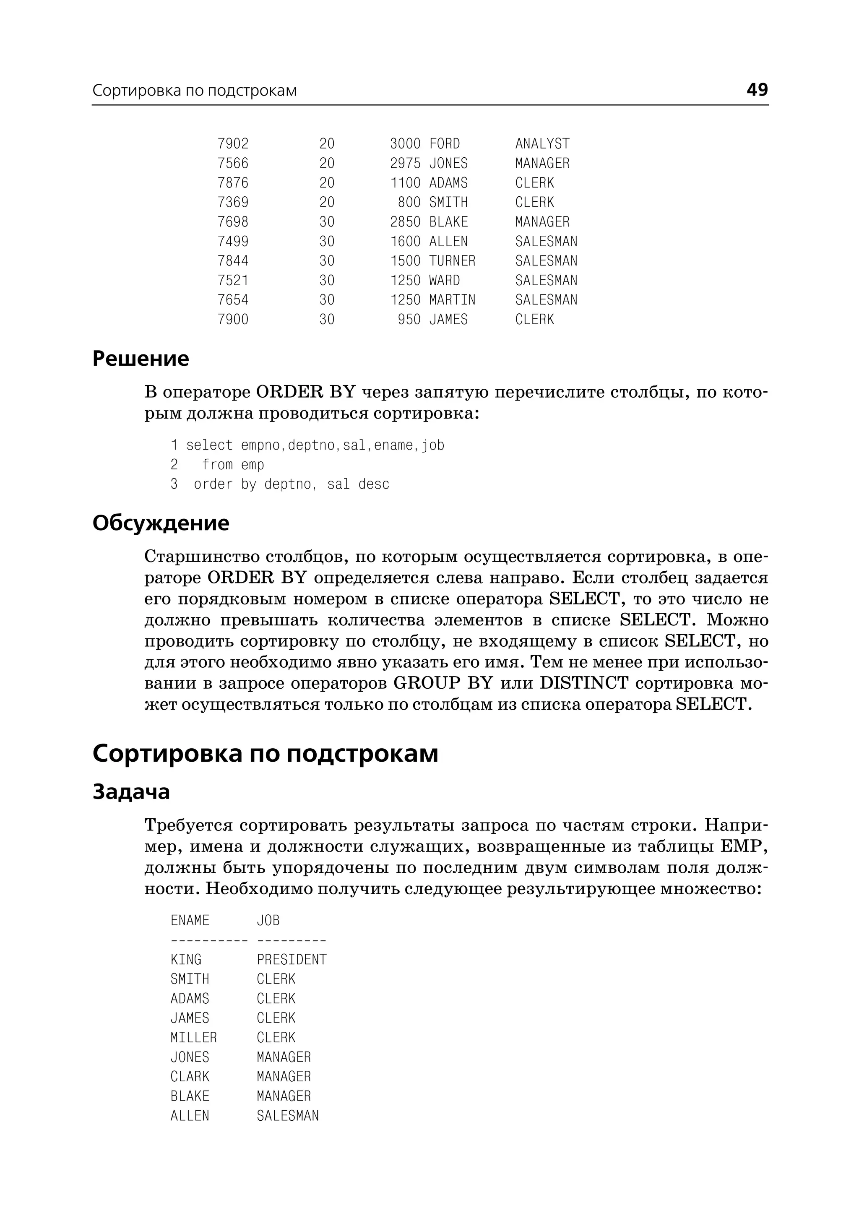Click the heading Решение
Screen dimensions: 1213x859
click(140, 359)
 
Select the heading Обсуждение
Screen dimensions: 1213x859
click(161, 523)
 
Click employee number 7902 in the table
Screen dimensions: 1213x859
click(233, 144)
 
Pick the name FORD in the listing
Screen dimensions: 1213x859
click(444, 144)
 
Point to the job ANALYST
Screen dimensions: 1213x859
click(542, 144)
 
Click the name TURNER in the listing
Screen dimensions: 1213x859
click(452, 261)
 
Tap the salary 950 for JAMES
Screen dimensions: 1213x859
click(409, 320)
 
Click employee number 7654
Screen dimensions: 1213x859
click(233, 300)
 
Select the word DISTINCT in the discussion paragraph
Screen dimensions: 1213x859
click(583, 684)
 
